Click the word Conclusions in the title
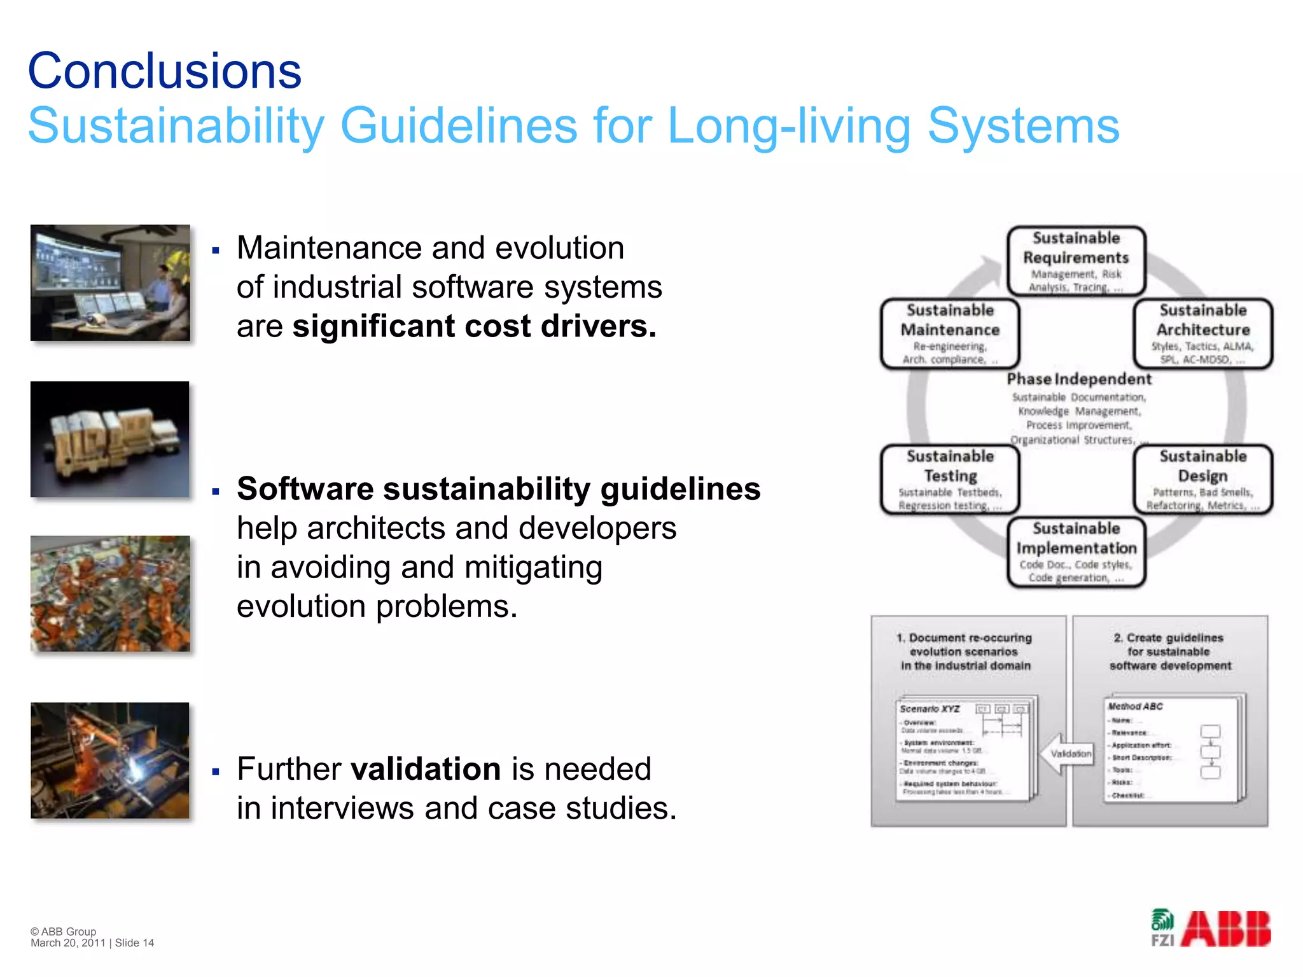click(164, 71)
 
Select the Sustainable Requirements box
click(1076, 261)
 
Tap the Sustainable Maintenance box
click(950, 333)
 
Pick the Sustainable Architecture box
click(1202, 333)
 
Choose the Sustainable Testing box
click(950, 479)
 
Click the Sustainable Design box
click(1202, 479)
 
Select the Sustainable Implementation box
click(1076, 551)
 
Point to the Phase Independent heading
click(1079, 379)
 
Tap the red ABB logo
click(1226, 929)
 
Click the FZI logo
click(1163, 929)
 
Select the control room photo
click(110, 282)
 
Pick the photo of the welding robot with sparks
click(110, 760)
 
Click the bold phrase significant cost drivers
click(474, 327)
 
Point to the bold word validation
click(426, 769)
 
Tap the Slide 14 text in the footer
click(134, 943)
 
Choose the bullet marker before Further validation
click(216, 772)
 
